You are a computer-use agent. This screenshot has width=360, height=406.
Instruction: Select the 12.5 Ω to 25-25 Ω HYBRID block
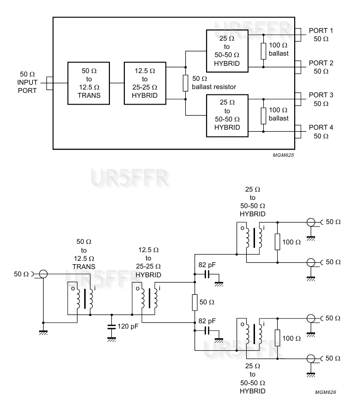144,83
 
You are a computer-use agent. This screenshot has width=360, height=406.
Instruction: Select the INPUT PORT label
28,83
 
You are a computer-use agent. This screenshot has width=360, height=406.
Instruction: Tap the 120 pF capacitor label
128,326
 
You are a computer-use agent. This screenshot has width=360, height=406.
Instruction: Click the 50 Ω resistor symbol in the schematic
195,302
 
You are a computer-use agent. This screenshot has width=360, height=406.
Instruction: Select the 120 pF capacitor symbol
112,326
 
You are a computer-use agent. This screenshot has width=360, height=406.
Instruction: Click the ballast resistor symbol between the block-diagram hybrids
185,83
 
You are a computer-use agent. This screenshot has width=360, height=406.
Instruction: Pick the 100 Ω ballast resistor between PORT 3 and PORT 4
263,115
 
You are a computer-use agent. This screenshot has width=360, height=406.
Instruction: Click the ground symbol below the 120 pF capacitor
112,339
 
